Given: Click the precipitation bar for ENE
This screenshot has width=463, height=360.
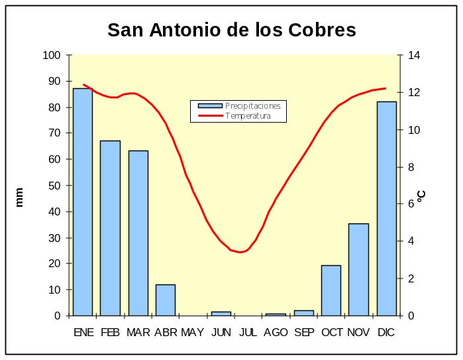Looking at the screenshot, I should coord(82,202).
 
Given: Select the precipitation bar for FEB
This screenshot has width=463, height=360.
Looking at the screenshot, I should coord(110,228).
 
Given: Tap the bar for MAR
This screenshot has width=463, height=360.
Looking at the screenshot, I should coord(138,233).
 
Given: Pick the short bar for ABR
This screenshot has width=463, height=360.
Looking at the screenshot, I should coord(166,300).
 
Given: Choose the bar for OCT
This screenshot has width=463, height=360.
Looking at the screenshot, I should coord(331,290).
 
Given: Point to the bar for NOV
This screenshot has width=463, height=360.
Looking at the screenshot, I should coord(358,269).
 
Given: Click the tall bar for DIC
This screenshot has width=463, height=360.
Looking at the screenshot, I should coord(386,208).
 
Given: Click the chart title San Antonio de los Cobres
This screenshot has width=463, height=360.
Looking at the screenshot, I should coord(232,30).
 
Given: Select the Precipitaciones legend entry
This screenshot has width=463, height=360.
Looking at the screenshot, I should coord(252,105).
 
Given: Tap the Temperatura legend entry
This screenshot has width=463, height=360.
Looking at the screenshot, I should coord(248,116).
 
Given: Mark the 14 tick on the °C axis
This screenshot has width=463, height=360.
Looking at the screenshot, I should coord(414,55).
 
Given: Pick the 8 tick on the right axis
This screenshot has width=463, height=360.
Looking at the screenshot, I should coord(411,167).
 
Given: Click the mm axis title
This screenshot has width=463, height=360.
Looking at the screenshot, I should coord(19,197).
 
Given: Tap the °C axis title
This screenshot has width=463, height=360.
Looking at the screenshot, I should coord(421,196).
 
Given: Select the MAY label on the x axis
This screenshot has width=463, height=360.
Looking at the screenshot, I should coord(193,332).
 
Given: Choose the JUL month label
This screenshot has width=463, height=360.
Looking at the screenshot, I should coord(248,332).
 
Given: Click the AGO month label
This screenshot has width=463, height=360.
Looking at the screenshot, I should coord(276,332).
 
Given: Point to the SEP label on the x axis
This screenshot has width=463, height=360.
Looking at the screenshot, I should coord(303,332).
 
